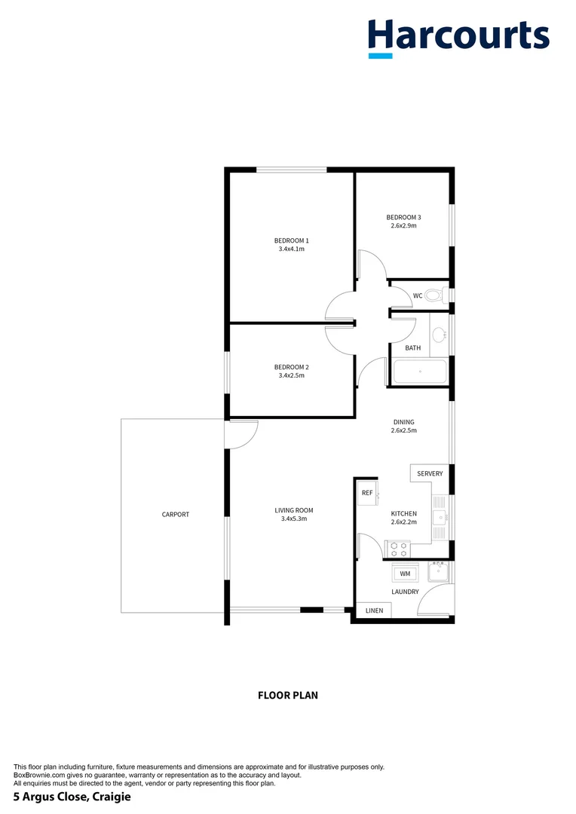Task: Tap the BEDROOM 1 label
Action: (291, 240)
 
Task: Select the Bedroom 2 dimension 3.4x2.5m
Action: (291, 375)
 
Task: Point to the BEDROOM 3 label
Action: (404, 217)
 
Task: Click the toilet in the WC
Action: (435, 295)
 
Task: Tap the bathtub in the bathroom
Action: (420, 372)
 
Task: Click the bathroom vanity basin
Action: (439, 335)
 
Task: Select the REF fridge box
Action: (368, 492)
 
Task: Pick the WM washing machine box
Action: (405, 574)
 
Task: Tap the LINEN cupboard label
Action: (374, 610)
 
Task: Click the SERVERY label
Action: (430, 473)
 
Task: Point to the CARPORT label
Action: (176, 515)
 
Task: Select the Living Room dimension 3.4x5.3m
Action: (293, 519)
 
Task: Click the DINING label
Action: (403, 422)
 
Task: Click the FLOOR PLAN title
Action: (288, 695)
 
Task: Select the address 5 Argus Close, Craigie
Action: (67, 796)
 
